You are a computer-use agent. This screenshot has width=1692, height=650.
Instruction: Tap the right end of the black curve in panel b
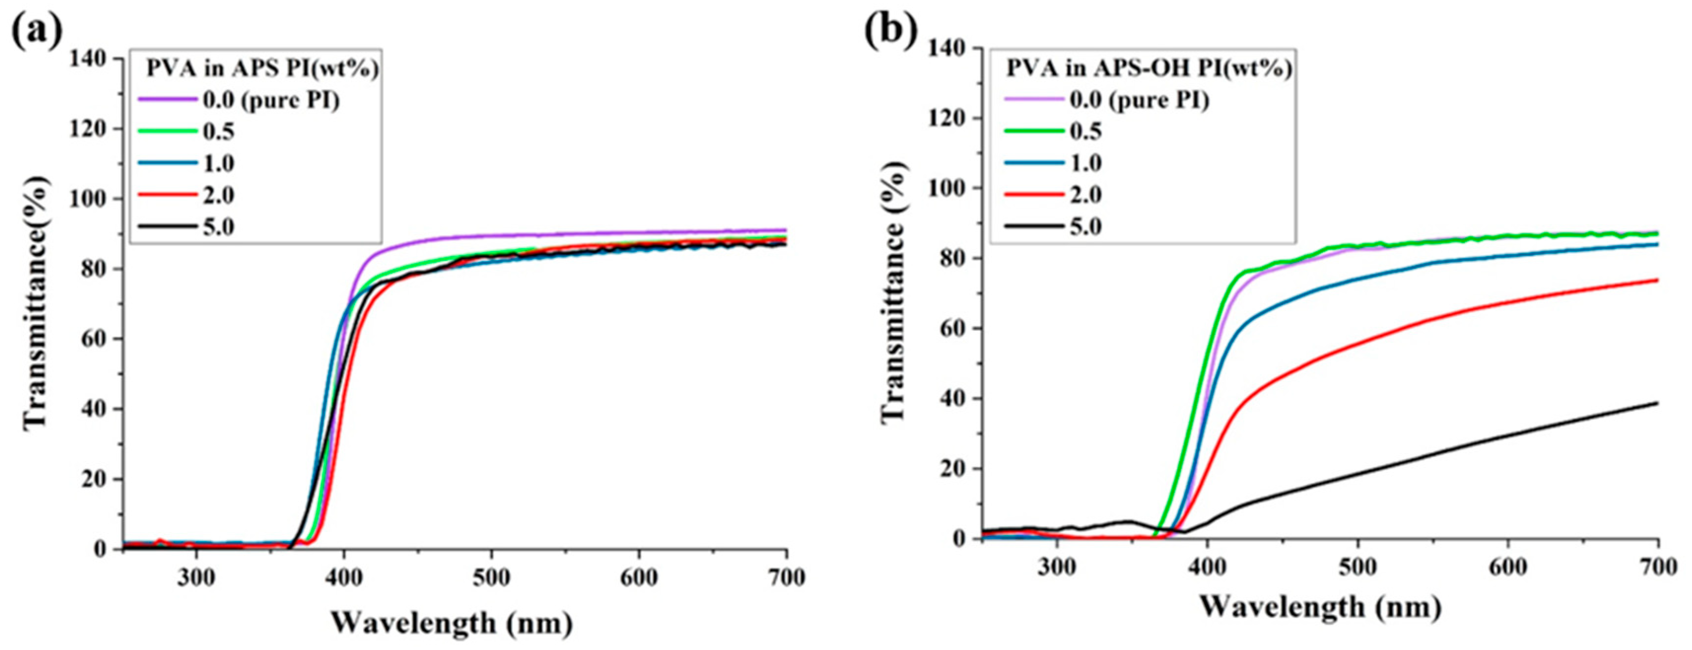[x=1657, y=403]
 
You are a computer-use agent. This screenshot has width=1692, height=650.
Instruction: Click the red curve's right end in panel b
[x=1657, y=280]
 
